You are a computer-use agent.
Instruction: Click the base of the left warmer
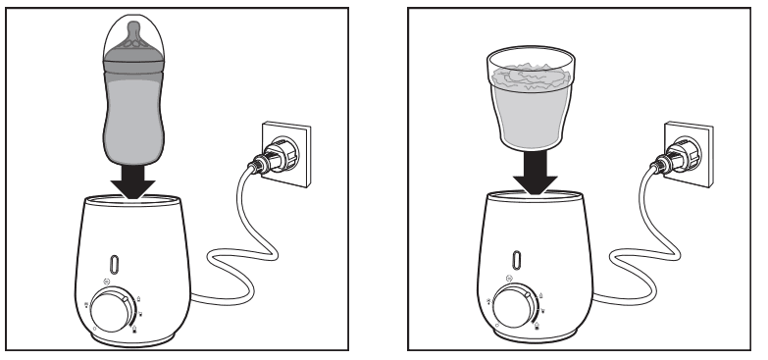click(132, 338)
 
